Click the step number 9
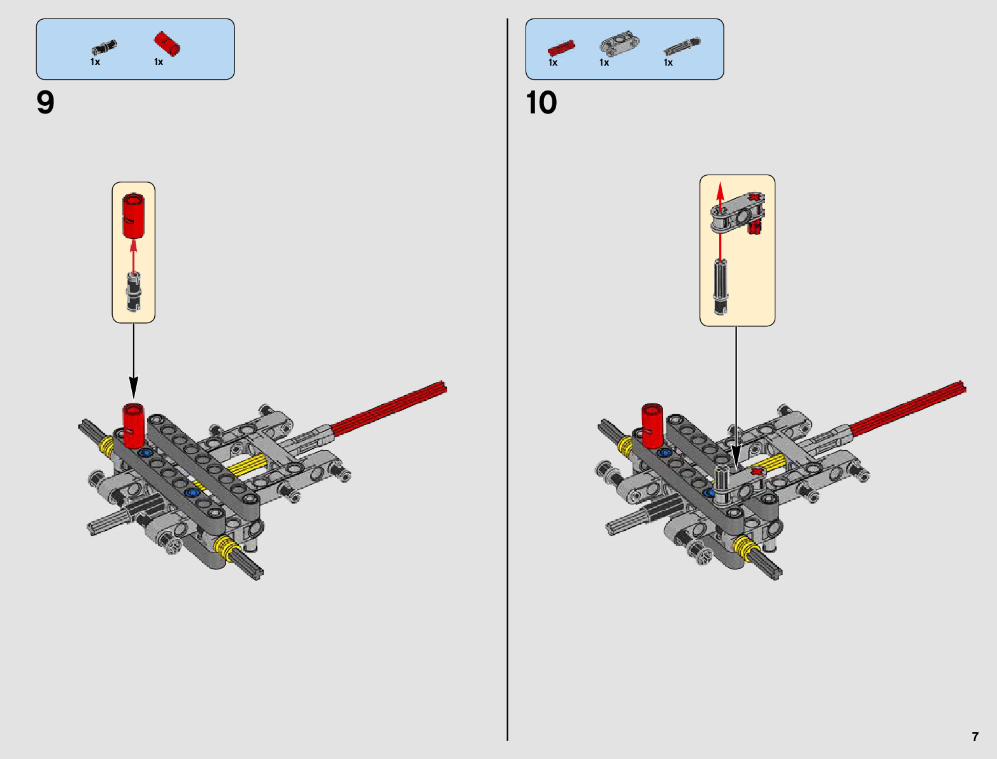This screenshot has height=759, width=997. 45,103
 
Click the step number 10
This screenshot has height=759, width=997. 541,103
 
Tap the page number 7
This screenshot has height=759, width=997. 975,737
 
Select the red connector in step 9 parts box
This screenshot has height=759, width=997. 167,43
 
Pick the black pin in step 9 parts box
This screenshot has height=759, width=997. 104,47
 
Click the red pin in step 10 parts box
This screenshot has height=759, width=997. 561,47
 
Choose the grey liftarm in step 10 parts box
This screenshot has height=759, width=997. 619,44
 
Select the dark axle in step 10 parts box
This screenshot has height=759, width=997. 682,47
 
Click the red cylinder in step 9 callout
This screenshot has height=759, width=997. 134,215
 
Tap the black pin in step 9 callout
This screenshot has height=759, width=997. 133,292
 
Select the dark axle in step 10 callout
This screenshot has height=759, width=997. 721,286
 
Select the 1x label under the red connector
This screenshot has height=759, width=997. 159,62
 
